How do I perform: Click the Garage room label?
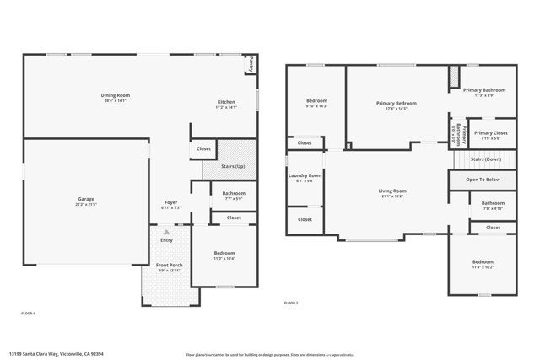pyautogui.click(x=85, y=199)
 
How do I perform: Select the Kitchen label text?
pyautogui.click(x=225, y=102)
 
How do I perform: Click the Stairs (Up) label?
pyautogui.click(x=234, y=166)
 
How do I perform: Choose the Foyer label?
pyautogui.click(x=170, y=202)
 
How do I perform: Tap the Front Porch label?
pyautogui.click(x=170, y=266)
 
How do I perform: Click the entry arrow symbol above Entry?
pyautogui.click(x=166, y=231)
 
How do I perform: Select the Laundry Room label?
pyautogui.click(x=304, y=175)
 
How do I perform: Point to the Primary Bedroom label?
pyautogui.click(x=396, y=103)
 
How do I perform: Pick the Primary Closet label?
pyautogui.click(x=490, y=132)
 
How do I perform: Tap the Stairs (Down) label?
pyautogui.click(x=486, y=159)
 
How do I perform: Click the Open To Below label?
pyautogui.click(x=483, y=180)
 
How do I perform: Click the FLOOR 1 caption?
pyautogui.click(x=29, y=314)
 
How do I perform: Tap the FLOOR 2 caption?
pyautogui.click(x=291, y=303)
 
